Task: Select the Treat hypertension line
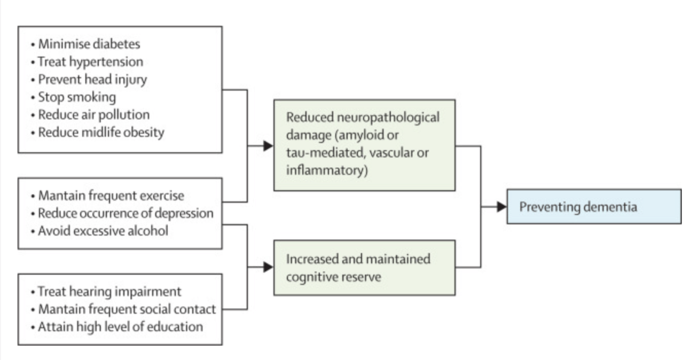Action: [90, 62]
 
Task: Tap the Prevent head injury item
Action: [92, 80]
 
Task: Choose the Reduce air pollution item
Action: [93, 114]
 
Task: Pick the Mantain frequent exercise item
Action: [111, 195]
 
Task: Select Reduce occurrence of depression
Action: [126, 213]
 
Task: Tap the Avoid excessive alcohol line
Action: [103, 231]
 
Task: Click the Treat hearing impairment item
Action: [109, 292]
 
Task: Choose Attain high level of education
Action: [120, 326]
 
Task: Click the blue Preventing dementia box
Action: [593, 206]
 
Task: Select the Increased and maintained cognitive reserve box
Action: [364, 268]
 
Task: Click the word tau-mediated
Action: [316, 153]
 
